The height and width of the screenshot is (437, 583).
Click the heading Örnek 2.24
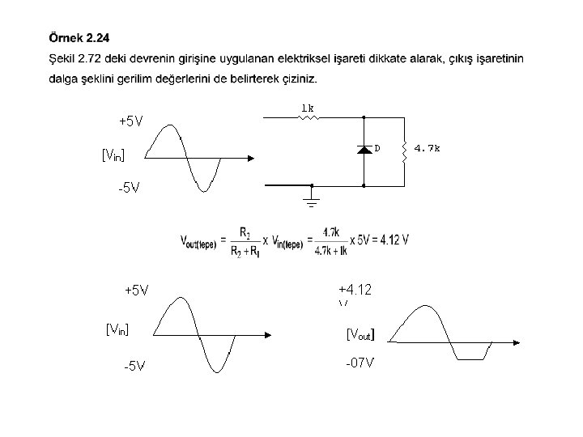pyautogui.click(x=78, y=37)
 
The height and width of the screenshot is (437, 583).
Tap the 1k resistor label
pyautogui.click(x=307, y=107)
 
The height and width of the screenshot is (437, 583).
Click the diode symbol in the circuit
pyautogui.click(x=364, y=150)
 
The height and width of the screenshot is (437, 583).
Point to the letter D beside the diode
pyautogui.click(x=377, y=148)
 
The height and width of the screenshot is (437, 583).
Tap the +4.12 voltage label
pyautogui.click(x=355, y=289)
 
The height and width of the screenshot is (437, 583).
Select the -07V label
pyautogui.click(x=359, y=362)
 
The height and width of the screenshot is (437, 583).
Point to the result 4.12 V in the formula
pyautogui.click(x=393, y=240)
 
